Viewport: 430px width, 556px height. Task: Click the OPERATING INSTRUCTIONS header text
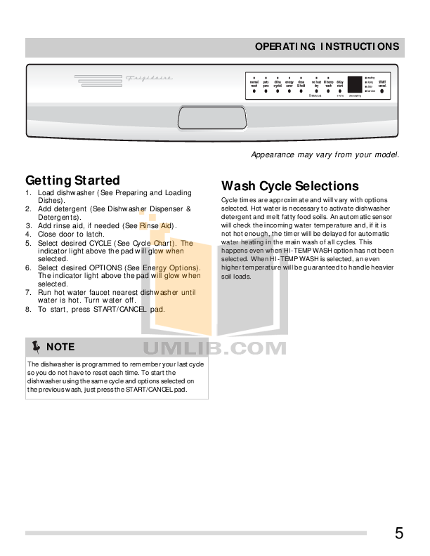tap(327, 47)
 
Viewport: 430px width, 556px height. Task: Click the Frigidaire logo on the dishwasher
tap(148, 79)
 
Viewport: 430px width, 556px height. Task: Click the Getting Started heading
tap(72, 180)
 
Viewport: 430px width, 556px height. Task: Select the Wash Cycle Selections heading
tap(289, 186)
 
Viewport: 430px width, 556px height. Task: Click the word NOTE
tap(60, 347)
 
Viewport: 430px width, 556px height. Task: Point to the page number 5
tap(398, 533)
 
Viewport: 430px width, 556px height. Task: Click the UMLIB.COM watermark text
tap(214, 348)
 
